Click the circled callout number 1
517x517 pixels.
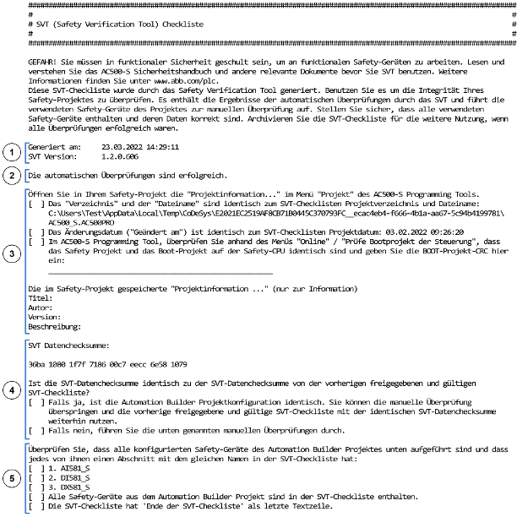click(11, 152)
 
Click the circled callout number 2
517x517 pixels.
click(11, 175)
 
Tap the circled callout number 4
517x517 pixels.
click(11, 390)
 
